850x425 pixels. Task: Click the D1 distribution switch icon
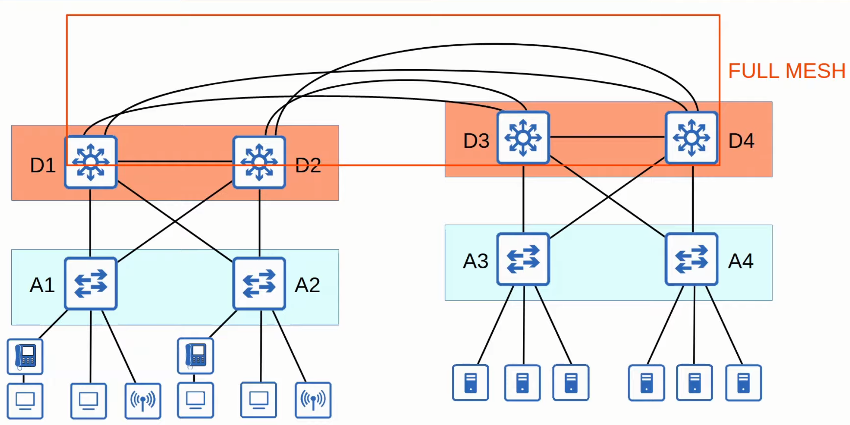pos(91,162)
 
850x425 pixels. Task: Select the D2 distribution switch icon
pos(259,162)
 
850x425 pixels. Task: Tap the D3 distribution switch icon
pos(523,138)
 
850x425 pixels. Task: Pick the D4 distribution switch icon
pos(692,138)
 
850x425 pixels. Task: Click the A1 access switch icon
pos(91,283)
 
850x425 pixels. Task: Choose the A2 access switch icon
pos(259,283)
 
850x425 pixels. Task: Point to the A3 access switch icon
pos(523,259)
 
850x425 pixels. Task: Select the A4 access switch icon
pos(692,259)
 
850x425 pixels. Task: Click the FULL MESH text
pos(787,71)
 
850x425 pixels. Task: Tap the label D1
pos(43,165)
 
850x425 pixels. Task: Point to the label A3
pos(475,261)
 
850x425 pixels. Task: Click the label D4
pos(741,141)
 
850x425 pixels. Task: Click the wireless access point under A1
pos(143,400)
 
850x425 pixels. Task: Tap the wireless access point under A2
pos(313,400)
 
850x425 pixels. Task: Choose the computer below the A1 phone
pos(25,400)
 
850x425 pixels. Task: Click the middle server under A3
pos(522,382)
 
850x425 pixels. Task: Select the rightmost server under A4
pos(743,382)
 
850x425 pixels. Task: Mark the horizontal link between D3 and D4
pos(607,137)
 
